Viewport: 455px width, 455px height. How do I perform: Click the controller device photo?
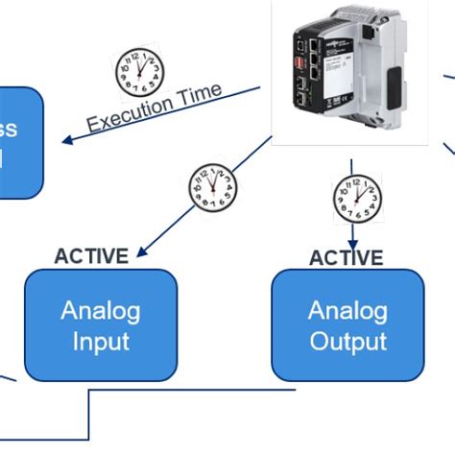[351, 72]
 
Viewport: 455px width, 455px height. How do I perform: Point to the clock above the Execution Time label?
[140, 72]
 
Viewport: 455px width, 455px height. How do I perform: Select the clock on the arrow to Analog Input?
[211, 187]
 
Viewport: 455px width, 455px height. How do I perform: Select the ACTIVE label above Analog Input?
[91, 256]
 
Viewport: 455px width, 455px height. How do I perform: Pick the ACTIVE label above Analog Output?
[346, 258]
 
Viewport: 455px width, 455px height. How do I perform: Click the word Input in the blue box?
[100, 341]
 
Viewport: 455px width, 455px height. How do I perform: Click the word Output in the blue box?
[347, 341]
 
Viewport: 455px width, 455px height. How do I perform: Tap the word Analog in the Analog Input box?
[100, 310]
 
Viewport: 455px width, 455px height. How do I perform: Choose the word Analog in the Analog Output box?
[347, 310]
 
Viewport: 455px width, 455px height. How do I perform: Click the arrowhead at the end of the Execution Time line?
[68, 141]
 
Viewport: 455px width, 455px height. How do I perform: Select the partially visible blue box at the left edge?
[19, 142]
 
